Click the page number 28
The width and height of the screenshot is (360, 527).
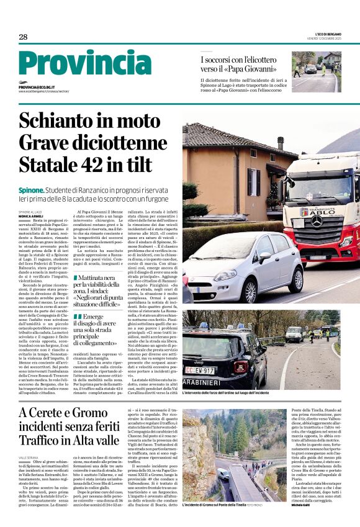pos(23,37)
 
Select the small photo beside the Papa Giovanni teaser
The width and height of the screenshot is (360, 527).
pos(316,71)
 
